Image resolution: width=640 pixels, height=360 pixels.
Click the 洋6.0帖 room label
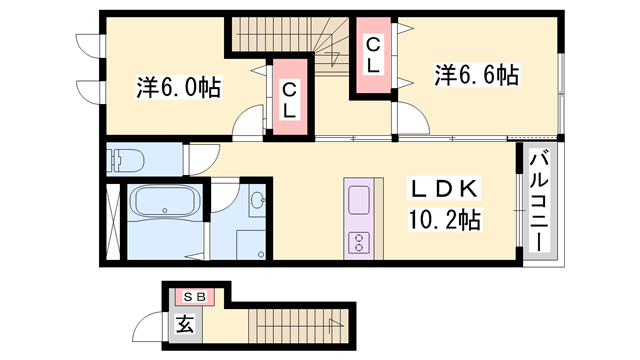[179, 87]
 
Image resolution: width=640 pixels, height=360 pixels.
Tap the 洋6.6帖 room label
[476, 75]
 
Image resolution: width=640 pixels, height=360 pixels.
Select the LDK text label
[444, 189]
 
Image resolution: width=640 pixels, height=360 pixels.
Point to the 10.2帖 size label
[444, 220]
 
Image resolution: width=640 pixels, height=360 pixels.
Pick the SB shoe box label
[194, 297]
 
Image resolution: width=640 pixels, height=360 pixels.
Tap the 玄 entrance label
[185, 325]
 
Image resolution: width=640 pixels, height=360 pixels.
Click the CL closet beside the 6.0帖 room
[289, 97]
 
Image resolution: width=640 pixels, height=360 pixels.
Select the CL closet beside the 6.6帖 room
[373, 55]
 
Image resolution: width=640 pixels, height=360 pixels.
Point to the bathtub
[165, 201]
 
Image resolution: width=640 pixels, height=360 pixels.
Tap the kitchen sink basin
[359, 200]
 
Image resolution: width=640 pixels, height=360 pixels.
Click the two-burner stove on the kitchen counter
[359, 242]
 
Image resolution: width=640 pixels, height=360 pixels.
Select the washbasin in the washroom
[258, 200]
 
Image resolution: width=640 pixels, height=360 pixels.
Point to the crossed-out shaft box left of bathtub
[113, 222]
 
